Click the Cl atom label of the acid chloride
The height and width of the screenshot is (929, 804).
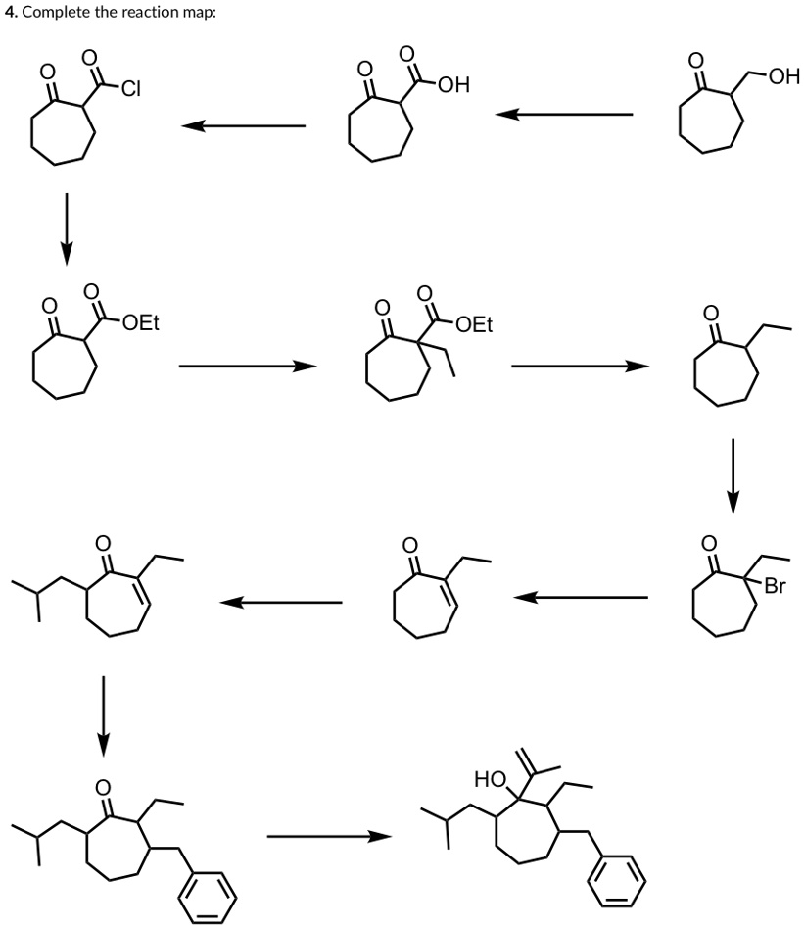[132, 90]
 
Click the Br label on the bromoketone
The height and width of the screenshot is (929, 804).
[776, 588]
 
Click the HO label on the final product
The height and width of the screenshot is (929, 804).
[489, 780]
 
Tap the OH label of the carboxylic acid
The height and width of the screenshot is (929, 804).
[454, 85]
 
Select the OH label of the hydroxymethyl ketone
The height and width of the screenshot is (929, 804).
[783, 76]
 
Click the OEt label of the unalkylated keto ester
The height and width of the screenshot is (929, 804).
[141, 323]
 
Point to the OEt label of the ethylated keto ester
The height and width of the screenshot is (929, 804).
[476, 324]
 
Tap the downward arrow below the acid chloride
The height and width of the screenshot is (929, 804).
[66, 227]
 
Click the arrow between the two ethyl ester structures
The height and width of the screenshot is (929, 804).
[249, 366]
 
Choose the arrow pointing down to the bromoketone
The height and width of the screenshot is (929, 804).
[732, 475]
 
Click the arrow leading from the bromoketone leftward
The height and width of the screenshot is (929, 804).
[580, 596]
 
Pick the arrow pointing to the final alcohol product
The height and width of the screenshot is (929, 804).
[328, 836]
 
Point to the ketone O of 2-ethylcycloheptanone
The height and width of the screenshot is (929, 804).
[712, 313]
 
